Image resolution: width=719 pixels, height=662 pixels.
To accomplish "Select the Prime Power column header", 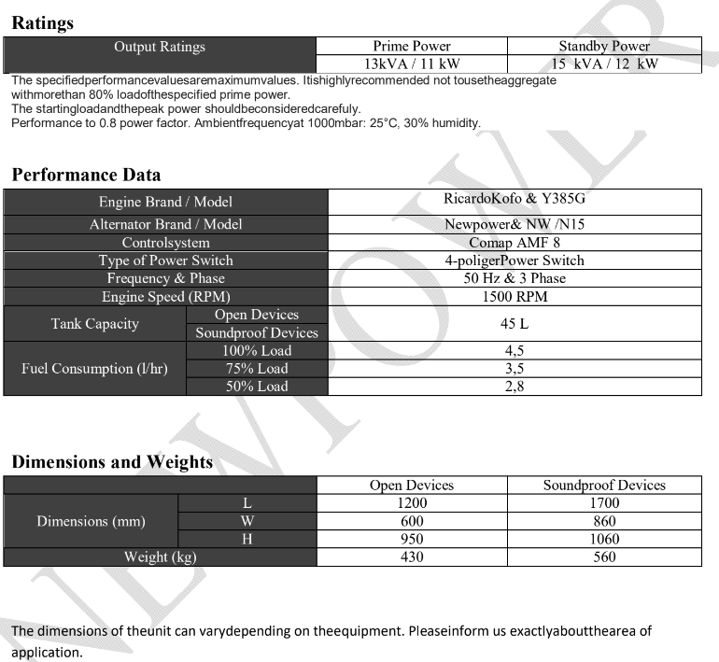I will [412, 46].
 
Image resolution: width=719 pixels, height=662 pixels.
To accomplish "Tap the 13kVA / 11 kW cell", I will [412, 63].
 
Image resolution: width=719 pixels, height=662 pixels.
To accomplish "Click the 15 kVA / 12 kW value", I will [604, 63].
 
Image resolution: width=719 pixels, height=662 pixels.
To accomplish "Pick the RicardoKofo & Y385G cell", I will [515, 201].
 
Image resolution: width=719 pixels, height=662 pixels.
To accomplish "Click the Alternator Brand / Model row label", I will [166, 224].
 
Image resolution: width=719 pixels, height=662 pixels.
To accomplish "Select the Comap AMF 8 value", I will [515, 243].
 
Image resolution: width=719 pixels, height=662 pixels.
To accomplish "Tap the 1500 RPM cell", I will [515, 297].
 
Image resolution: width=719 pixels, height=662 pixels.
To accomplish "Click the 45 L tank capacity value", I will [515, 323].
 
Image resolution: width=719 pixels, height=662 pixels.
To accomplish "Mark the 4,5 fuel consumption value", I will [515, 351].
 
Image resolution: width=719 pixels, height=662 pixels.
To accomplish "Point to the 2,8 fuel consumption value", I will [515, 387].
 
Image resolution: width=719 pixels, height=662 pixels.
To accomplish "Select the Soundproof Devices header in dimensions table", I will [604, 486].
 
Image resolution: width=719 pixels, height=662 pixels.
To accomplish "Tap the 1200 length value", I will [412, 503].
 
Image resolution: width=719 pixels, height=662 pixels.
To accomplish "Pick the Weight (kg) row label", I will [161, 557].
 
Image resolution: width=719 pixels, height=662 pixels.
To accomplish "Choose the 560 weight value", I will [604, 557].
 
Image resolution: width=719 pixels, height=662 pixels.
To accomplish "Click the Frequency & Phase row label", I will [166, 278].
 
